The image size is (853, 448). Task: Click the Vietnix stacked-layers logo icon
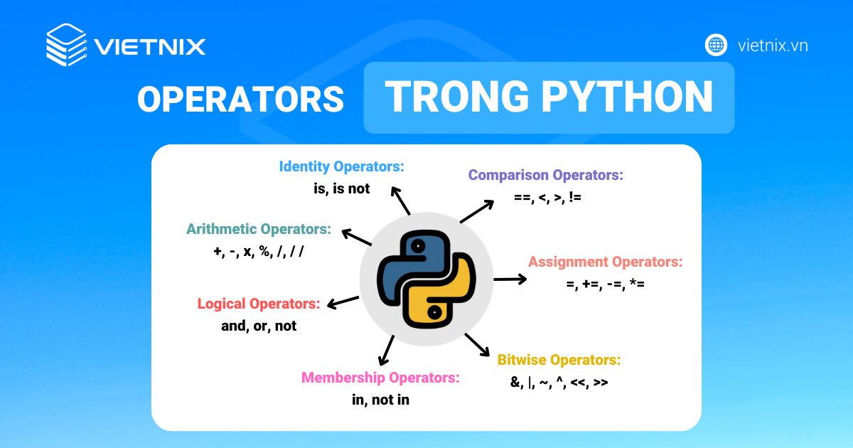coord(65,45)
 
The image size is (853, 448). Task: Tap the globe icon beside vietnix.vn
coord(716,45)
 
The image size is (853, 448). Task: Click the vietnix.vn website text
coord(773,46)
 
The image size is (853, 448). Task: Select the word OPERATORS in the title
coord(240,99)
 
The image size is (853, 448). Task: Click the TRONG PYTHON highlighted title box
coord(549,97)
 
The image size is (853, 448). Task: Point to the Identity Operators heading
coord(341,166)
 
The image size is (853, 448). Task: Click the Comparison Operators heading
coord(545,175)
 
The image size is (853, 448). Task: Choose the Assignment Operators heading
coord(605,262)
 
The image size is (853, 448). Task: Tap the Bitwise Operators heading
coord(559,360)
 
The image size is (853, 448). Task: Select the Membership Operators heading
coord(380,378)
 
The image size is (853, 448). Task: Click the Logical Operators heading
coord(258,304)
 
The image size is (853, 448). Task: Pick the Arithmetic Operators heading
coord(259,229)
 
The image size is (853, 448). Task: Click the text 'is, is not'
coord(341,189)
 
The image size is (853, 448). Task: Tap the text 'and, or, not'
coord(258,326)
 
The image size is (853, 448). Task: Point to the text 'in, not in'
coord(380,400)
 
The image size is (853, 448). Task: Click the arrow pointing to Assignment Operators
coord(510,279)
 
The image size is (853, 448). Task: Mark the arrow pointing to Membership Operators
coord(387,350)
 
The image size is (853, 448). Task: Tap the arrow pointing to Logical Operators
coord(343,302)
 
